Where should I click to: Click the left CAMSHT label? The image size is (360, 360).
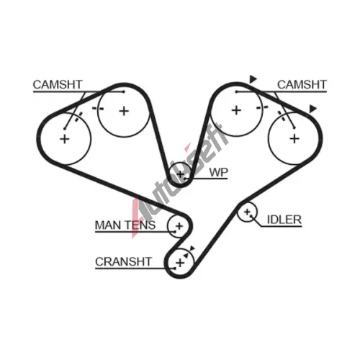pos(58,84)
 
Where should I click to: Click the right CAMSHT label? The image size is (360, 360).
pos(302,84)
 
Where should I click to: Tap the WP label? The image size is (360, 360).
pos(218,172)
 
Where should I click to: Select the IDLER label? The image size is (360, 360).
pos(284,220)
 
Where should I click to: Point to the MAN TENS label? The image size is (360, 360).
pos(125,225)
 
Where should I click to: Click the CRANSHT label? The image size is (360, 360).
pos(123,261)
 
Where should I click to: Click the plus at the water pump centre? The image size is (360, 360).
pos(181,174)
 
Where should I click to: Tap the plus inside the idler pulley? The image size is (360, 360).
pos(247,212)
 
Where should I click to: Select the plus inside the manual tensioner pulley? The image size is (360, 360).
pos(179,226)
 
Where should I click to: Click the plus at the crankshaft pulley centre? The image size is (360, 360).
pos(180,263)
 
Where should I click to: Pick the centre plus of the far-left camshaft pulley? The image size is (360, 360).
pos(65,139)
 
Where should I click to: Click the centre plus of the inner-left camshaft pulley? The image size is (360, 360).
pos(124,111)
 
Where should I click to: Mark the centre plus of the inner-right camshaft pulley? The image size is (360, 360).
pos(236,110)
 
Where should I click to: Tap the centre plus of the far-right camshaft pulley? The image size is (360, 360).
pos(294,139)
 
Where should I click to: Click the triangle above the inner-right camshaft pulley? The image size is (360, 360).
pos(253,79)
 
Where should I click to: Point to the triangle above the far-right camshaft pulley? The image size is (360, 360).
pos(312,109)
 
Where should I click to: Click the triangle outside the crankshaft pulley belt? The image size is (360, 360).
pos(192,248)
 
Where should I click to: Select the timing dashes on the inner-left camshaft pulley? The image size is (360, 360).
pos(98,109)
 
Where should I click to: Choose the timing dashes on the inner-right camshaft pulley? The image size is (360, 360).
pos(262,108)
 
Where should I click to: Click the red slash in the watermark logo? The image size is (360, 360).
pos(135,217)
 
